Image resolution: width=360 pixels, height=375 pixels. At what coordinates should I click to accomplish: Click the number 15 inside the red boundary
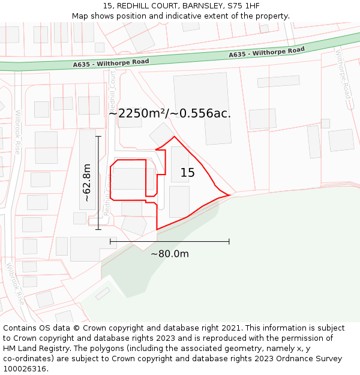coord(188,173)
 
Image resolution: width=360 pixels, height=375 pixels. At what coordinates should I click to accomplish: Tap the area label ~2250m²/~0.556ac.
coord(170,113)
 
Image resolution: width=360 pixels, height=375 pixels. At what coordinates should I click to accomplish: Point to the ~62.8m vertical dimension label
coord(86,182)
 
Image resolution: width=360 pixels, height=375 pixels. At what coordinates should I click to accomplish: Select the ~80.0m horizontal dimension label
coord(170,254)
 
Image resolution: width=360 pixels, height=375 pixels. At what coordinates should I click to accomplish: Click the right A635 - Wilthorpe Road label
coord(266,53)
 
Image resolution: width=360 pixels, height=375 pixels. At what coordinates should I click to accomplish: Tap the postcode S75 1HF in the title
coord(244,6)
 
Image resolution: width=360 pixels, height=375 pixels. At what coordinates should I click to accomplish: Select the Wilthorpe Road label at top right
coord(343,74)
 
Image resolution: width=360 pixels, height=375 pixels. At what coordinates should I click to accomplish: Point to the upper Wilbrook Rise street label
coord(18,132)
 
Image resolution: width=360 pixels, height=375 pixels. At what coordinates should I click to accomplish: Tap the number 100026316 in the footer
coord(25,368)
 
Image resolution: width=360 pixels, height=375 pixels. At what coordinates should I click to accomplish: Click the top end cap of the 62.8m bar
coord(98,136)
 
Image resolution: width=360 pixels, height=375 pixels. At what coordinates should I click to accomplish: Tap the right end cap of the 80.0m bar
coord(229,242)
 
